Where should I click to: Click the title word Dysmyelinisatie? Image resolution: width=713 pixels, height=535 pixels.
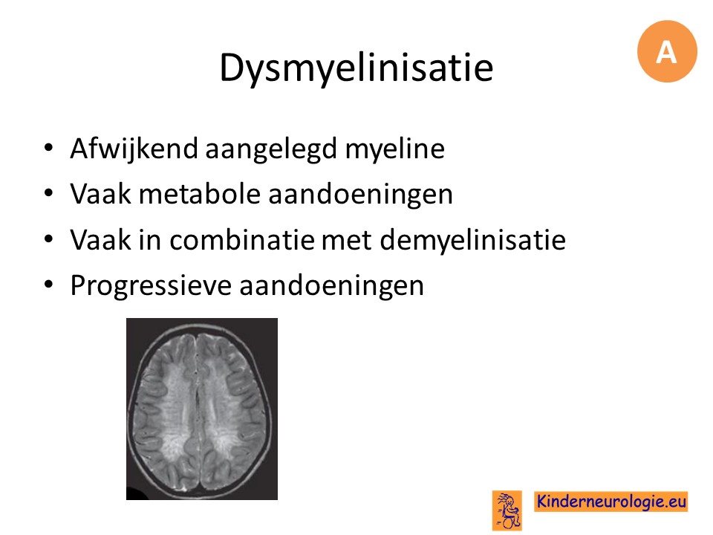(x=356, y=68)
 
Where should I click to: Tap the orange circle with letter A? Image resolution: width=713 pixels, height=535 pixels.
(x=667, y=51)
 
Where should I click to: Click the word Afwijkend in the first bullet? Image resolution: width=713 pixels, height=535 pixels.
(x=134, y=149)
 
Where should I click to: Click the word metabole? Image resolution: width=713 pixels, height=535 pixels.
(x=200, y=194)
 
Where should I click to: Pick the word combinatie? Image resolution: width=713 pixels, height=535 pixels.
(x=242, y=240)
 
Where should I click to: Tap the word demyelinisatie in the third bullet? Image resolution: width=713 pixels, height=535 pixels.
(x=473, y=241)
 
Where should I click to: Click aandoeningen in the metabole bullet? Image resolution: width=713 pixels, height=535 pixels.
(x=361, y=195)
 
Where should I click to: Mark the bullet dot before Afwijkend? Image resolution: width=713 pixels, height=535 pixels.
(x=49, y=147)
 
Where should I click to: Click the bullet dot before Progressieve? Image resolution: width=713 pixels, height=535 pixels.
(x=49, y=284)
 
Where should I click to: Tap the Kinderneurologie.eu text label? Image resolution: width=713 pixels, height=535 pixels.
(x=611, y=502)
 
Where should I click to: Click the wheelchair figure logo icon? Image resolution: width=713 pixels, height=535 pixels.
(x=507, y=510)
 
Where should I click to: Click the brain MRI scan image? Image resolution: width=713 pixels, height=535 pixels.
(x=202, y=409)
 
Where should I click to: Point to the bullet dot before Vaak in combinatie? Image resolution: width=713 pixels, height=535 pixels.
(x=49, y=239)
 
